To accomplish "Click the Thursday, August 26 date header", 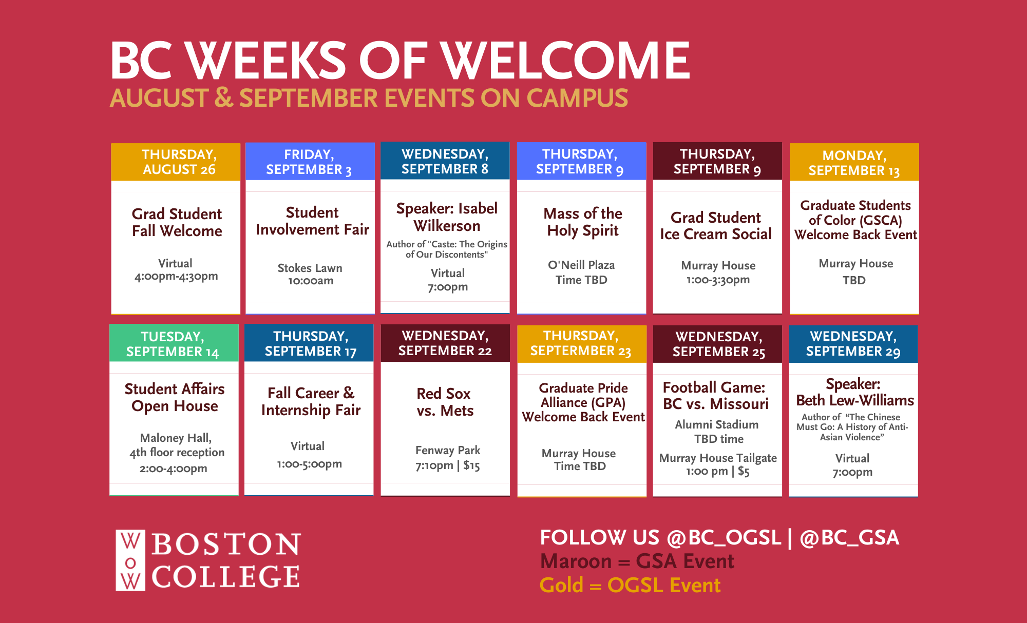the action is click(176, 162).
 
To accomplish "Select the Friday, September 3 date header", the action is click(310, 162).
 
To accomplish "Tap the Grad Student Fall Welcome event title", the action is click(177, 222).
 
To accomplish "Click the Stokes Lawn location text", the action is click(310, 268).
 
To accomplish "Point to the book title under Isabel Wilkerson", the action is click(446, 249).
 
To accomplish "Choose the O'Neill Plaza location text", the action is click(581, 265).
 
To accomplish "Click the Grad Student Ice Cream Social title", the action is click(716, 226).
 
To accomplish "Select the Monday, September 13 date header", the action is click(854, 162).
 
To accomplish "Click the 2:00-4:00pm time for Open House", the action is click(174, 469).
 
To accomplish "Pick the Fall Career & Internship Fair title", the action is click(311, 402).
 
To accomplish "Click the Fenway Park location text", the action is click(448, 450).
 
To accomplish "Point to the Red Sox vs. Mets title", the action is click(445, 402).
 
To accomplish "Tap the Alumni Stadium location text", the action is click(717, 424).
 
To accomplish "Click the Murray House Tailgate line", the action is click(718, 458).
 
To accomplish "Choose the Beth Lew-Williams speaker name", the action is click(855, 400).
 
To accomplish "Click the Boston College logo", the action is click(208, 560).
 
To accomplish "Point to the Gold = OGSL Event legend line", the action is click(630, 586).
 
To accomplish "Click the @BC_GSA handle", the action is click(849, 538).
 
